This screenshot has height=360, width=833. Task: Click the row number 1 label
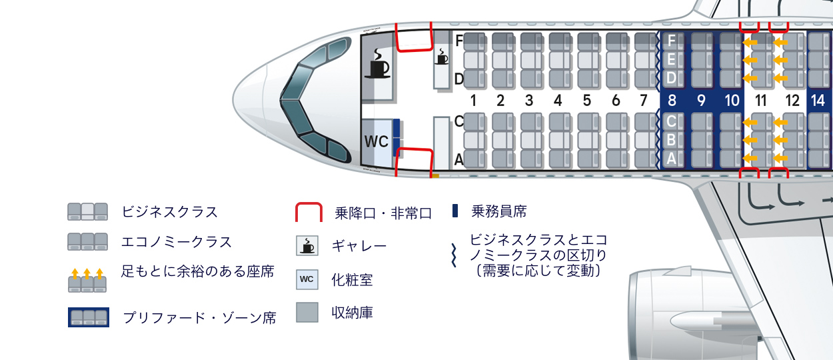pyautogui.click(x=472, y=101)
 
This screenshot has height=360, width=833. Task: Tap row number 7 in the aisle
pyautogui.click(x=643, y=101)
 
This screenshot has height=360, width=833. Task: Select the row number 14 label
pyautogui.click(x=818, y=101)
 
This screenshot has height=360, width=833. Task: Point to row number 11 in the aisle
pyautogui.click(x=760, y=101)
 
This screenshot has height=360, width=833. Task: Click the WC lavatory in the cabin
pyautogui.click(x=376, y=142)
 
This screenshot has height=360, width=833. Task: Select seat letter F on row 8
pyautogui.click(x=671, y=41)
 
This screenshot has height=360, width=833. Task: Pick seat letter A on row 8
pyautogui.click(x=671, y=159)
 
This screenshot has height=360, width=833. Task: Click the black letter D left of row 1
pyautogui.click(x=458, y=79)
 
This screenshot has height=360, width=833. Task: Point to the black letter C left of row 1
pyautogui.click(x=458, y=121)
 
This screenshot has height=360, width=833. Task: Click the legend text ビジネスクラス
pyautogui.click(x=170, y=212)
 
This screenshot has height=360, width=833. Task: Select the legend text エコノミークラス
pyautogui.click(x=177, y=241)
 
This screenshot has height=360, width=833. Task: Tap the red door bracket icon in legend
pyautogui.click(x=309, y=212)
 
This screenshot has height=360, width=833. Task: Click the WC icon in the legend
pyautogui.click(x=307, y=279)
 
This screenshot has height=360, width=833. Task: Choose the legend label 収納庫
pyautogui.click(x=353, y=312)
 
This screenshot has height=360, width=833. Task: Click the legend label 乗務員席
pyautogui.click(x=498, y=212)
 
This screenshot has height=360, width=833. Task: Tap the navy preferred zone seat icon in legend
pyautogui.click(x=88, y=317)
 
